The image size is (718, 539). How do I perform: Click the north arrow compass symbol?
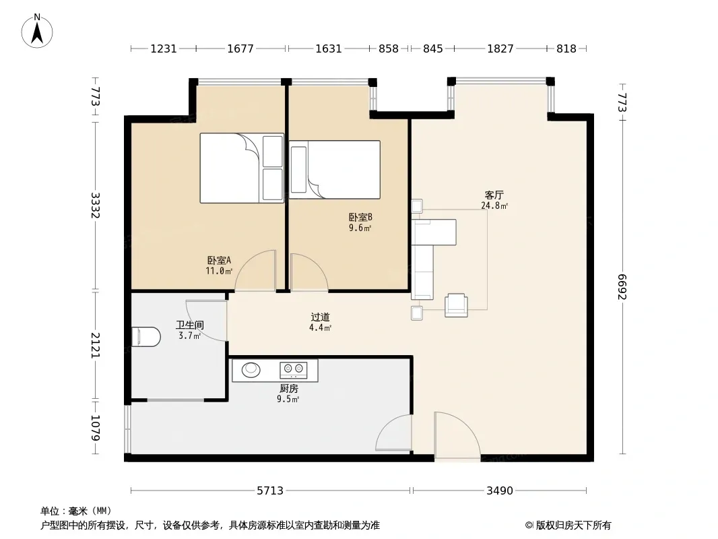pos(37,31)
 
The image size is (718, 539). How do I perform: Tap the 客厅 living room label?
pos(494,195)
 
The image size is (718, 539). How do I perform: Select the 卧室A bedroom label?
pos(219,260)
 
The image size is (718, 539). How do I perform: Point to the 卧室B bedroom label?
pos(360,217)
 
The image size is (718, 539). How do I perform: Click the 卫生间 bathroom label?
pos(189,325)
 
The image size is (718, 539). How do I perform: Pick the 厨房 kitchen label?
pos(288,388)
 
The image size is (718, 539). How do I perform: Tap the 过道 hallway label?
pos(320,317)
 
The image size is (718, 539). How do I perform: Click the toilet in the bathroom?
pos(146,337)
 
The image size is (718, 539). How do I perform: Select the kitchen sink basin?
pos(251,370)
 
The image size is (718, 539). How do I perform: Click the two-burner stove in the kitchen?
pos(294,369)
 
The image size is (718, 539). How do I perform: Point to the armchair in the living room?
pos(456,305)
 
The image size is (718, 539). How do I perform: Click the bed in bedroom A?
pos(242,168)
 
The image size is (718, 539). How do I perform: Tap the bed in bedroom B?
pos(335,169)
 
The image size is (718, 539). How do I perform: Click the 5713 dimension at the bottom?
pos(269,490)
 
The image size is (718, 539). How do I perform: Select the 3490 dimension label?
pos(500,490)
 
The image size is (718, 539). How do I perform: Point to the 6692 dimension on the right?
pos(622,287)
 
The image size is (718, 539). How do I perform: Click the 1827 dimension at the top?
pos(500,49)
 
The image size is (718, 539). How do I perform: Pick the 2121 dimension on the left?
pos(95,345)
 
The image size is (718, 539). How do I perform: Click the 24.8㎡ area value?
pos(494,205)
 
